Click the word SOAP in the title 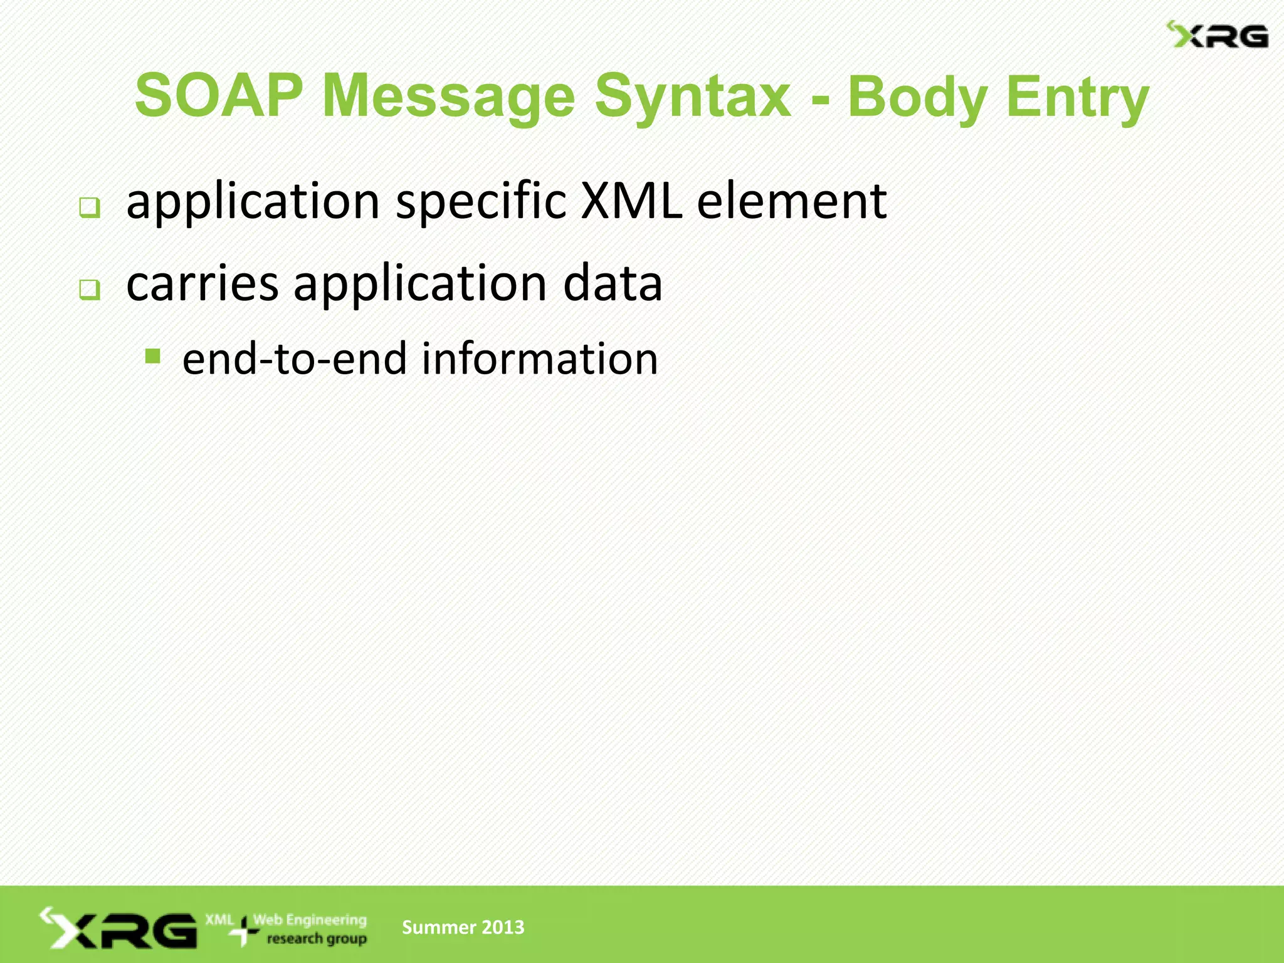tap(219, 95)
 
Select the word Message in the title tap(448, 95)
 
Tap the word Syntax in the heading tap(692, 95)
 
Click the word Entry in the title tap(1078, 97)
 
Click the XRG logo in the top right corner tap(1217, 35)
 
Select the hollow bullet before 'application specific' tap(90, 208)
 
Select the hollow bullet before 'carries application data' tap(90, 290)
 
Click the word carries tap(202, 283)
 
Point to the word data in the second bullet tap(613, 283)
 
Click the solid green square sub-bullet tap(152, 357)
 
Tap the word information tap(540, 359)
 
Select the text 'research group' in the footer tap(317, 939)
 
